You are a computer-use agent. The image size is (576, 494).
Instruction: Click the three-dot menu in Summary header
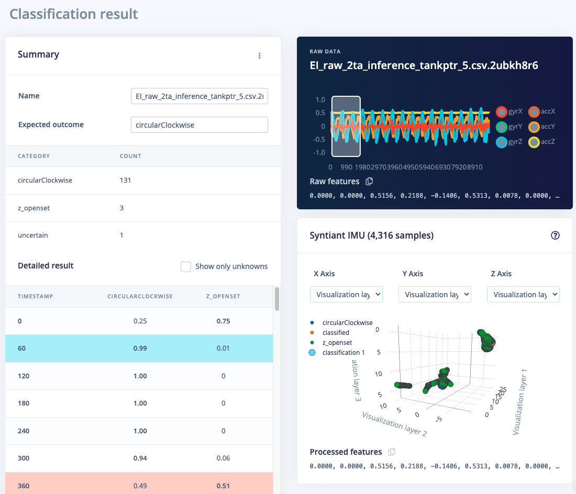(260, 56)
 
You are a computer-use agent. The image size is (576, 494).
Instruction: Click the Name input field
(199, 96)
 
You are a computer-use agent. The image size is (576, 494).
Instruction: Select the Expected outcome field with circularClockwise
(199, 125)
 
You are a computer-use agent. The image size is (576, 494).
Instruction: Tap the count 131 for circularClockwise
(125, 181)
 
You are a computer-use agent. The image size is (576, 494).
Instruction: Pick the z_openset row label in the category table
(34, 208)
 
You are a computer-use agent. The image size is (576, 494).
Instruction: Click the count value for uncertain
(121, 235)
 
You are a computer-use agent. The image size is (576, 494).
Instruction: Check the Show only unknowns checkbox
(186, 267)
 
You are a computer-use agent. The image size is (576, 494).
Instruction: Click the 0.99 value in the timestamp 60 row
(140, 349)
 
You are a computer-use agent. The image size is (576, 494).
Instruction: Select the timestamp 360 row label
(24, 486)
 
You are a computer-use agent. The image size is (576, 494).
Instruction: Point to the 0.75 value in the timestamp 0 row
(223, 321)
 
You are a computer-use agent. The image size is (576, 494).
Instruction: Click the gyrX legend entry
(508, 111)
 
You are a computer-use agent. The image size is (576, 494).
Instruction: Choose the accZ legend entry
(541, 141)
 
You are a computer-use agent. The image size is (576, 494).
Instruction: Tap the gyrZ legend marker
(501, 141)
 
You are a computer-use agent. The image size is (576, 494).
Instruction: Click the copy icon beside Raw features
(369, 182)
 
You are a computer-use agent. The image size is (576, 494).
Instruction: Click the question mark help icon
(556, 235)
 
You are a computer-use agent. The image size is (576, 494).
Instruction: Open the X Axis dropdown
(346, 295)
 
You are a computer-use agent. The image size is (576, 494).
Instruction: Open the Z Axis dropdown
(523, 295)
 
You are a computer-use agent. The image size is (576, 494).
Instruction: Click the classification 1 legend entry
(343, 353)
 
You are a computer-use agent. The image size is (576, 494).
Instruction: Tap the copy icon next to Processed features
(391, 452)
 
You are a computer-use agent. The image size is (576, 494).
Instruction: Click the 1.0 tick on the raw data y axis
(320, 99)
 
